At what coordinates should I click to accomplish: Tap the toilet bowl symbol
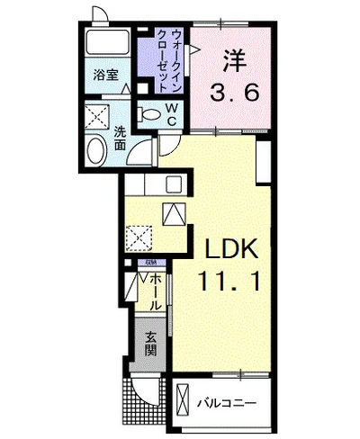(x=152, y=115)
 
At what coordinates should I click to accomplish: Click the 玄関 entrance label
(x=150, y=343)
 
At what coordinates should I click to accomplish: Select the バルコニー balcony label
(x=229, y=402)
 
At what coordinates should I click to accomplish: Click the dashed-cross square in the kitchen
(x=139, y=238)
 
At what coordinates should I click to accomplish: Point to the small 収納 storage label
(x=151, y=263)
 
